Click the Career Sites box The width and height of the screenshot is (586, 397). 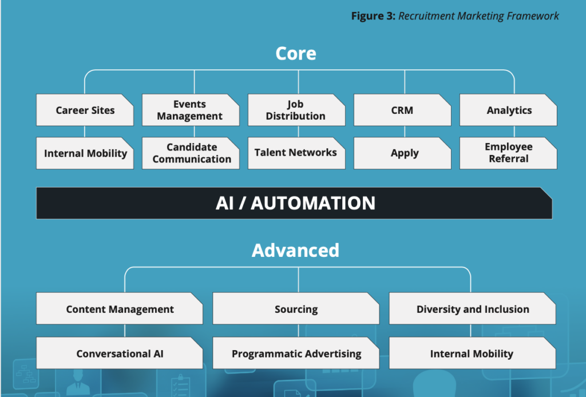click(85, 110)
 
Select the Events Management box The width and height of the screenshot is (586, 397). click(191, 110)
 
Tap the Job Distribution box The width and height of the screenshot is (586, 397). click(296, 110)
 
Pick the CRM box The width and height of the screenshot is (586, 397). click(402, 110)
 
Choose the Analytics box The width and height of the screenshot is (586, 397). click(508, 110)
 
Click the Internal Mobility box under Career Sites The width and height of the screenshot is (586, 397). click(85, 153)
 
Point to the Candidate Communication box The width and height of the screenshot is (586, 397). click(191, 153)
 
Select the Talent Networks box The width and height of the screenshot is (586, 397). click(296, 153)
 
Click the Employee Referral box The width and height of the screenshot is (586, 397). click(508, 153)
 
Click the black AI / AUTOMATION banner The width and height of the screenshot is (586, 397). click(294, 203)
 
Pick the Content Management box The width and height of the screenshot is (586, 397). click(120, 309)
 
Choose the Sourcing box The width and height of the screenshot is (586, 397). click(296, 309)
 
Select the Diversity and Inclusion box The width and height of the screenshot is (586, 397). click(472, 309)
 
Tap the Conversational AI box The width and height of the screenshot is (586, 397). click(120, 354)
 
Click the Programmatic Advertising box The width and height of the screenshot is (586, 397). click(296, 354)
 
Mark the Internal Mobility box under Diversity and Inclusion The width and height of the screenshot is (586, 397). click(472, 354)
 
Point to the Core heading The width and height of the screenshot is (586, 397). click(296, 53)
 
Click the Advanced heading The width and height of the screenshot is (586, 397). click(296, 250)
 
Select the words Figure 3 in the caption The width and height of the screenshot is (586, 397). click(373, 16)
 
